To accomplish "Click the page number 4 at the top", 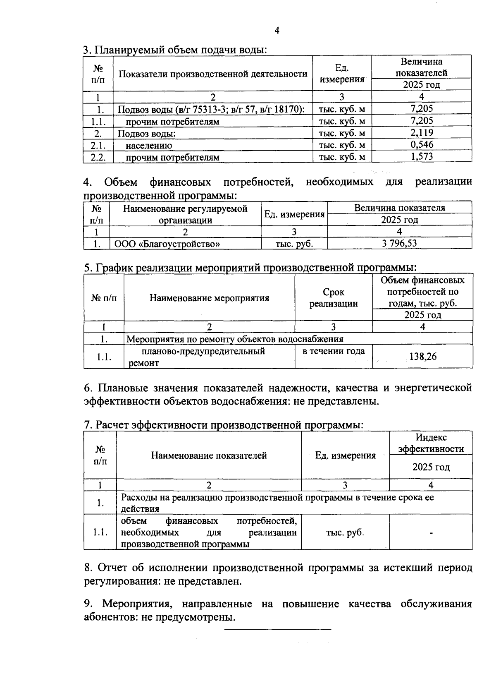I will [x=277, y=31].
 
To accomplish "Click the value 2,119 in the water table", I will [x=422, y=133].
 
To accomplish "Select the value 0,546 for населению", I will [x=422, y=145].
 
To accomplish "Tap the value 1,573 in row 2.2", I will [x=422, y=157].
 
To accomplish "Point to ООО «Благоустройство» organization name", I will [x=167, y=244].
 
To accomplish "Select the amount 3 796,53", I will [x=399, y=243].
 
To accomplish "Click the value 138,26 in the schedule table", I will [x=422, y=357].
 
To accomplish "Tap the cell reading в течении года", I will [x=334, y=351].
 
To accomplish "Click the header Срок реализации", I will [x=334, y=298].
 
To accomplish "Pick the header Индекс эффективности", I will [x=431, y=443].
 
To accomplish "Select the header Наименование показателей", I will [x=209, y=455].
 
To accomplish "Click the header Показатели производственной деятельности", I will [x=213, y=74].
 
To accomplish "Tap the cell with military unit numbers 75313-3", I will [x=211, y=109].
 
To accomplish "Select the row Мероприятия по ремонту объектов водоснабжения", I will [x=235, y=339].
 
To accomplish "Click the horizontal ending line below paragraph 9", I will [x=277, y=630].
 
